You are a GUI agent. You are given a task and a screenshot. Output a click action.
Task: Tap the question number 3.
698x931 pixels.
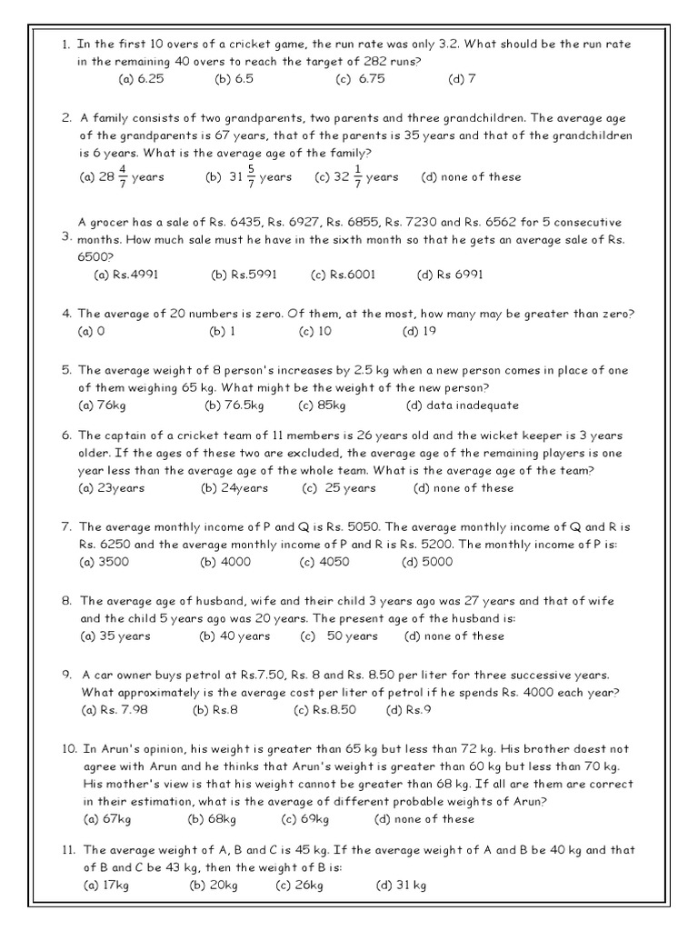point(66,237)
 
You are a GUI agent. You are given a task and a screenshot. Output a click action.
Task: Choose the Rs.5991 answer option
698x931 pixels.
point(244,274)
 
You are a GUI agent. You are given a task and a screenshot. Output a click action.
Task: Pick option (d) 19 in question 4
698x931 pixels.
point(419,331)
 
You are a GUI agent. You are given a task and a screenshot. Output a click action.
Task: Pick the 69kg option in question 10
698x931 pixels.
point(303,819)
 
